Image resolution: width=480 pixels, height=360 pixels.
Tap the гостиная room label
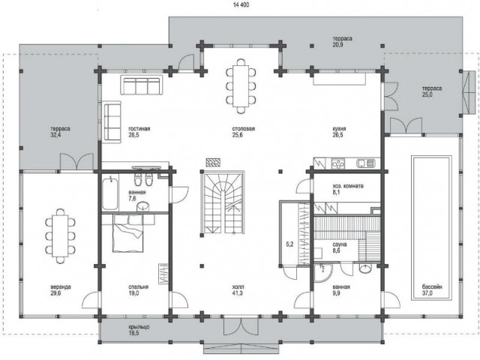(x=139, y=129)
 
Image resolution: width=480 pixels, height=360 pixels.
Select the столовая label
(x=243, y=129)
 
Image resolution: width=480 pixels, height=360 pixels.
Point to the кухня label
(x=339, y=129)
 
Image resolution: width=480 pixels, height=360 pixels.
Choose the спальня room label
(x=138, y=287)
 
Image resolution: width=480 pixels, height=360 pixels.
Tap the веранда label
(x=61, y=287)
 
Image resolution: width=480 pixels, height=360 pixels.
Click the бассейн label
(x=432, y=287)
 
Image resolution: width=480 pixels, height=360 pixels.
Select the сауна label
(x=340, y=244)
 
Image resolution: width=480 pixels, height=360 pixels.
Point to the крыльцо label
(x=139, y=327)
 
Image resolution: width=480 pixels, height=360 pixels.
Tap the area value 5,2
(x=289, y=244)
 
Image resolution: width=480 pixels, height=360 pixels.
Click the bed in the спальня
(x=127, y=233)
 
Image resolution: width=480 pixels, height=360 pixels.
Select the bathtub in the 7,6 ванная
(x=109, y=193)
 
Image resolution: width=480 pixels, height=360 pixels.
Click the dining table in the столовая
(x=241, y=85)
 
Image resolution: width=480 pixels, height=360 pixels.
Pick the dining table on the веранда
(x=60, y=236)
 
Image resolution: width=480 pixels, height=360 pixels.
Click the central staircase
(x=222, y=202)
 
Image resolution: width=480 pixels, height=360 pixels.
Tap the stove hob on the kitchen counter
(x=338, y=163)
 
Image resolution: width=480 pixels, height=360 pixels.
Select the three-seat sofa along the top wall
(x=142, y=85)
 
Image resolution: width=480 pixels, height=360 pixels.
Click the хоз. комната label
(x=348, y=186)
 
